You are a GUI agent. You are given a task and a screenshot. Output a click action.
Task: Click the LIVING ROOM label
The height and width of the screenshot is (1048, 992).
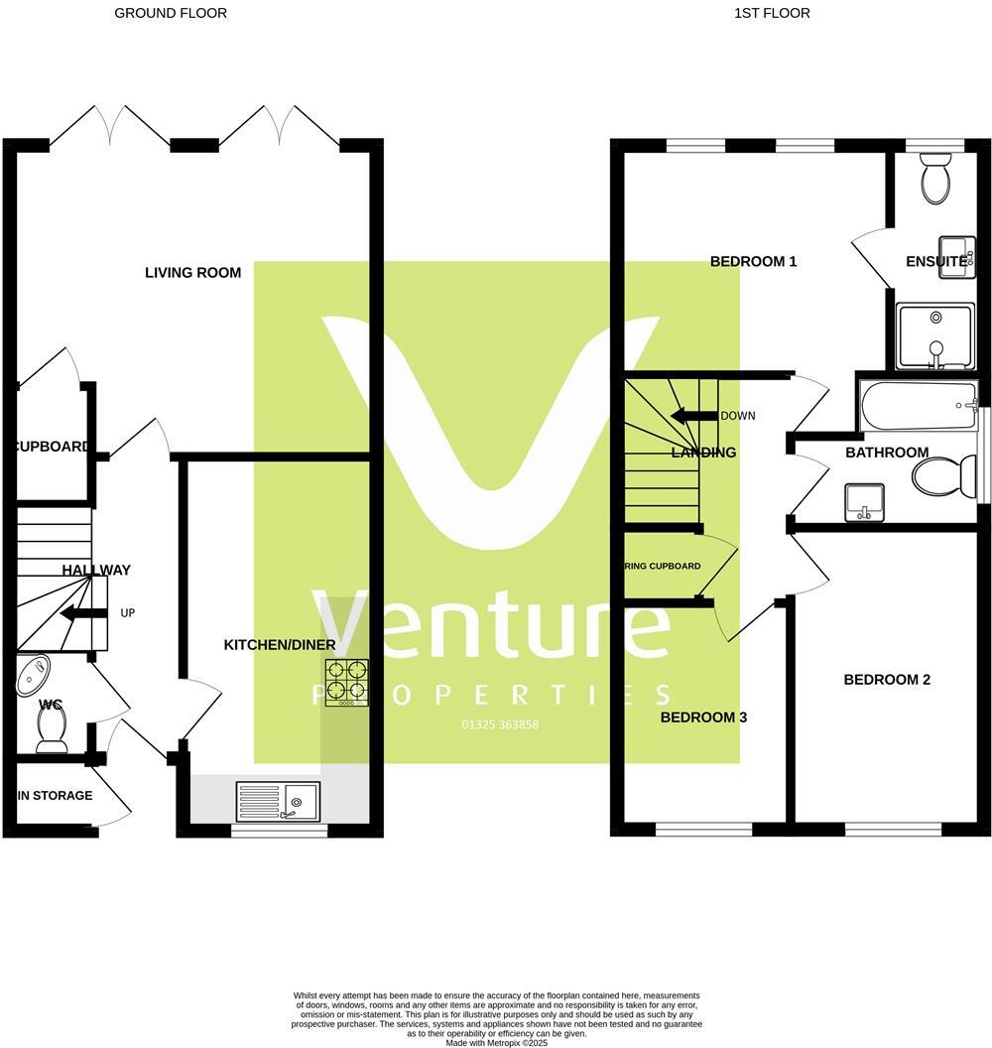tap(192, 273)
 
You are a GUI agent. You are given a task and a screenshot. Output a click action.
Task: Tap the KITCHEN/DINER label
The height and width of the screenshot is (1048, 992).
tap(280, 645)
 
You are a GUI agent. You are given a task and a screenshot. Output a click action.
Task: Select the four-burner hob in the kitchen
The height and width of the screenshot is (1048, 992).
tap(347, 682)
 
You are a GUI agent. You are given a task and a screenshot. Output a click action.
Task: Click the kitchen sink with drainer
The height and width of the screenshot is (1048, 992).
tap(279, 800)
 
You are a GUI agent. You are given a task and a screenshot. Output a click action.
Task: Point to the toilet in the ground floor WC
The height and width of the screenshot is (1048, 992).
tap(50, 732)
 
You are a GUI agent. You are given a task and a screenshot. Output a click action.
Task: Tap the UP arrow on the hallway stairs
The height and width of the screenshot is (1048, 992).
tap(84, 613)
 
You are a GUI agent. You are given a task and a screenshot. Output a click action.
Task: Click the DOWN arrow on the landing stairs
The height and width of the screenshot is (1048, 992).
tap(693, 416)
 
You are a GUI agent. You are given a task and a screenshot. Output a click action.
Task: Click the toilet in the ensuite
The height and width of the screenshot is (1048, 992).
tap(935, 181)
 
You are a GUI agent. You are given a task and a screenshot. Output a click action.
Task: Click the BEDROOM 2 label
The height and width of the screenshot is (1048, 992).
tap(887, 680)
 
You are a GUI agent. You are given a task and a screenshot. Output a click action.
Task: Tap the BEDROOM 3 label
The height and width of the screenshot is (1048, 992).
tap(703, 718)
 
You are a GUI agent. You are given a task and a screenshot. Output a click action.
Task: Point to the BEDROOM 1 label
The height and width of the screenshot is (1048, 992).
tap(754, 262)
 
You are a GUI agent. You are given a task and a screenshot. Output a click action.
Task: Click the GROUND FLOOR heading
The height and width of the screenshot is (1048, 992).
tap(171, 13)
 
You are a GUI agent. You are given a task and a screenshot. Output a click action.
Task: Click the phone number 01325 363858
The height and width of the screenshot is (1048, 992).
tap(500, 724)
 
